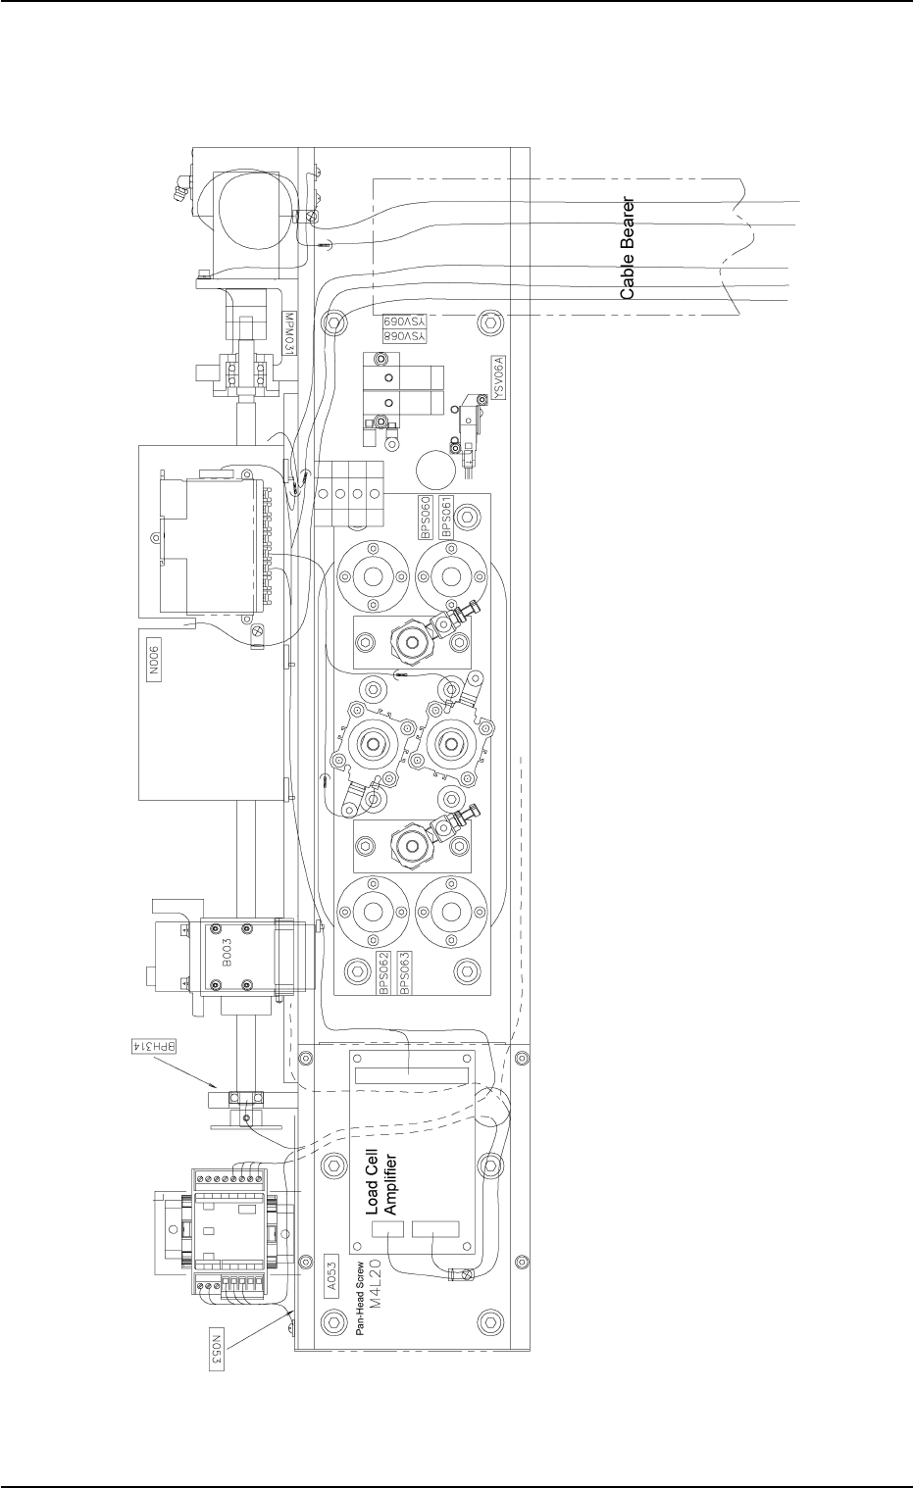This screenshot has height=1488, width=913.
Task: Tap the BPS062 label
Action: [x=384, y=973]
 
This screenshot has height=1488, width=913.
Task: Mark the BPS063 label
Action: [x=405, y=973]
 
